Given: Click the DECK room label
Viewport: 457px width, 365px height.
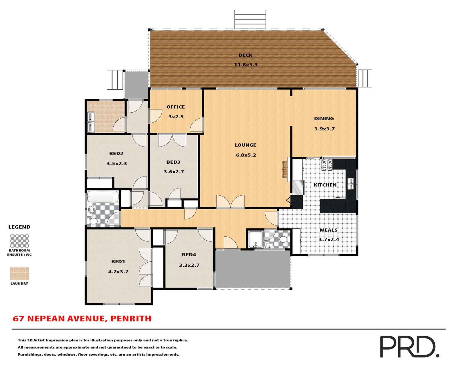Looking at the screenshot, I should click(x=245, y=55).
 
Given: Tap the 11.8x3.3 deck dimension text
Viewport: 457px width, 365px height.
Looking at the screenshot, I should click(x=246, y=65).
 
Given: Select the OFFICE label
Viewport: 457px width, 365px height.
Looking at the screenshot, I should click(x=176, y=107).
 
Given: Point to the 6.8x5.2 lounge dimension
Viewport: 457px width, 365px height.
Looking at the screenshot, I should click(x=246, y=155).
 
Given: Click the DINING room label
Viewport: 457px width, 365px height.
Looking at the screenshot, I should click(x=324, y=119).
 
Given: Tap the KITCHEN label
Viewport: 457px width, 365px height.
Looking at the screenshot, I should click(x=325, y=185).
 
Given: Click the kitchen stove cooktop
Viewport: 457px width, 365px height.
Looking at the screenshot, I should click(x=327, y=165).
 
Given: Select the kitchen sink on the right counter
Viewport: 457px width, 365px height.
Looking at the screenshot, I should click(x=350, y=184).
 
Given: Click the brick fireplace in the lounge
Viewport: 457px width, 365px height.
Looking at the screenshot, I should click(x=285, y=169).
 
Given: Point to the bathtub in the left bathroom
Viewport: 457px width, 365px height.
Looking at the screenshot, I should click(x=103, y=197).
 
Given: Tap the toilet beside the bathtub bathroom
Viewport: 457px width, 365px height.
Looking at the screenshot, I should click(x=93, y=221).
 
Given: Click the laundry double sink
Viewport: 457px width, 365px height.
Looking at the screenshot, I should click(x=91, y=122).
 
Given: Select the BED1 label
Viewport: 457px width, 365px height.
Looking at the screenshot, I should click(x=118, y=261).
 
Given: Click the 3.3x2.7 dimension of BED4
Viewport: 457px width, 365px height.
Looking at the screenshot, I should click(x=189, y=265).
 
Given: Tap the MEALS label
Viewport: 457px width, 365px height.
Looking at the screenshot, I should click(x=328, y=230).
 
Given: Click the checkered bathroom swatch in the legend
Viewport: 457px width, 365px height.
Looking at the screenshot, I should click(x=20, y=241).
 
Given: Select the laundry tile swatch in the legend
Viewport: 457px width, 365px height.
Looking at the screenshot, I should click(x=20, y=273).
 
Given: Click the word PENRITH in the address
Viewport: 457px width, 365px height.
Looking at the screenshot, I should click(x=131, y=319).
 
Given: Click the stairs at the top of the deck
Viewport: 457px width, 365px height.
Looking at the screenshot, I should click(x=250, y=19).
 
